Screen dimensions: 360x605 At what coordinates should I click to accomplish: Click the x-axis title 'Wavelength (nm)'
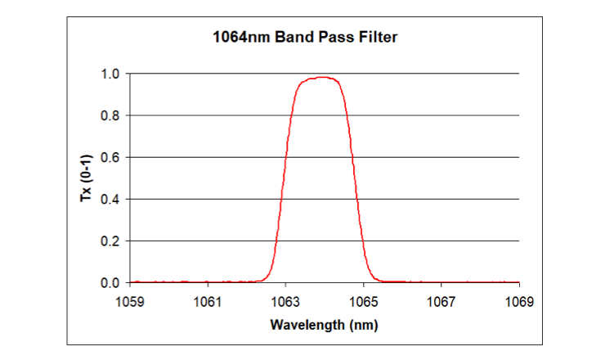(324, 325)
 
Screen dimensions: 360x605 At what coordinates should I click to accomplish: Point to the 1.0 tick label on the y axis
(111, 74)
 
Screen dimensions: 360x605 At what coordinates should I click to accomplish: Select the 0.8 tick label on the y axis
(111, 115)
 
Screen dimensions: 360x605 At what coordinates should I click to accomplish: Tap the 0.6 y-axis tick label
(111, 157)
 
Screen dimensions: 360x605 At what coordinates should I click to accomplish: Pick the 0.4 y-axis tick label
(111, 199)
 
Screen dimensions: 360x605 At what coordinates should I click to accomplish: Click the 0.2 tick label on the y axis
(111, 241)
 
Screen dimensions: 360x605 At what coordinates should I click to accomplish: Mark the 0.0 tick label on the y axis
(111, 283)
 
